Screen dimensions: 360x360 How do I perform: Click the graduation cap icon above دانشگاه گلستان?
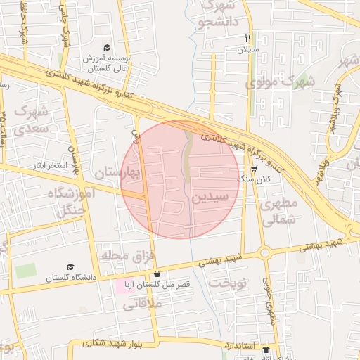(x=70, y=267)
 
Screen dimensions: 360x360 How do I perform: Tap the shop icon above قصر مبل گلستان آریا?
(x=156, y=274)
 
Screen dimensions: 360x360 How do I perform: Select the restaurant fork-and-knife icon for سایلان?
(x=247, y=38)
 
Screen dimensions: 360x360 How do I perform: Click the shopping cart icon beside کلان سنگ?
(x=254, y=169)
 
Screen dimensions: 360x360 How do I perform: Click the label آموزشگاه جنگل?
(x=67, y=201)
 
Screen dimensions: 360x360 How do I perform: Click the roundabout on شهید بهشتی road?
(x=264, y=252)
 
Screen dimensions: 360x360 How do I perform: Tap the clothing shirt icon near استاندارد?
(x=266, y=349)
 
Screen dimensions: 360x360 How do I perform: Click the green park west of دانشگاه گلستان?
(x=26, y=271)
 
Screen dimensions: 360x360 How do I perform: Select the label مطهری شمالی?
(x=279, y=211)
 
